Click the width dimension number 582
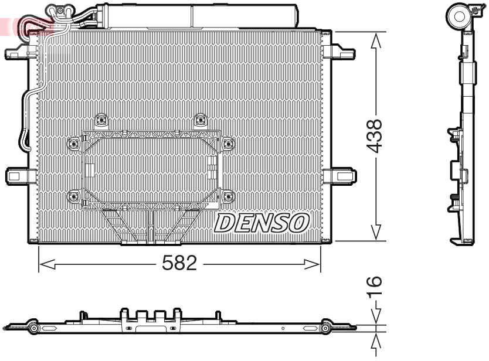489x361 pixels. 179,264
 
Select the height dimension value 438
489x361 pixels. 376,136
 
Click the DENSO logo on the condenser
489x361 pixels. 262,223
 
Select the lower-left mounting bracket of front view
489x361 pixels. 20,175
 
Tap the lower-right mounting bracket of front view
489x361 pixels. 341,175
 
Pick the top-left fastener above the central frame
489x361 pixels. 102,120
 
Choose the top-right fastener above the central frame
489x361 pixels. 201,120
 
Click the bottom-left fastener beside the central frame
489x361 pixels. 74,196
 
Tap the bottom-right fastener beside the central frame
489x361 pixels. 227,196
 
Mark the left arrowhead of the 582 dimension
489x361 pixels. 44,265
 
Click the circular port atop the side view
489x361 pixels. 459,16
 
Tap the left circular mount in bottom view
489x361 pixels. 34,329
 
